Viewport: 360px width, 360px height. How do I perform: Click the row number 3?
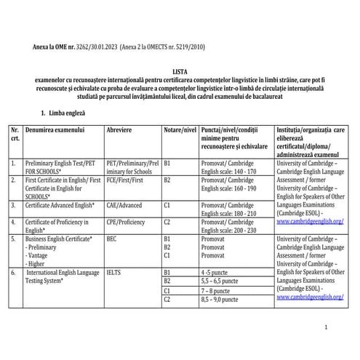pos(14,205)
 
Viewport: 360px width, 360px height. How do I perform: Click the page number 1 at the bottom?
pos(327,328)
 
